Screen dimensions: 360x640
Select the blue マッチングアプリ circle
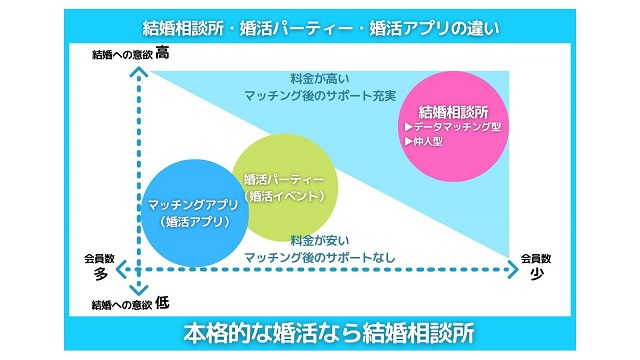click(195, 212)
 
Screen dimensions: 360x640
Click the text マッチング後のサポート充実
click(320, 94)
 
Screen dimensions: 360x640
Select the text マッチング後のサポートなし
click(320, 257)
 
